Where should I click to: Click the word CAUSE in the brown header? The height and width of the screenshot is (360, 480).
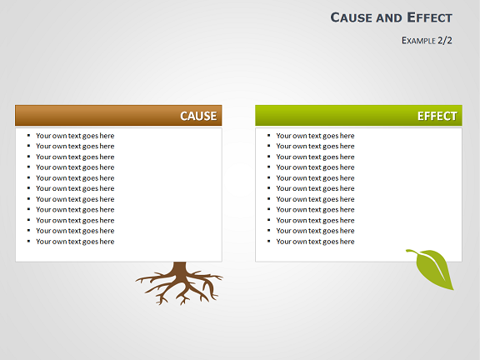pos(198,116)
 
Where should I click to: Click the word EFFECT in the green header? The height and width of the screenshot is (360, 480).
pos(437,116)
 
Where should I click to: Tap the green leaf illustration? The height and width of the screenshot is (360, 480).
pos(432,269)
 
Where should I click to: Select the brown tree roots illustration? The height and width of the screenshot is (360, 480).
pos(179,283)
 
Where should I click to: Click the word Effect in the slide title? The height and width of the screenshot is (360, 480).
pos(429,17)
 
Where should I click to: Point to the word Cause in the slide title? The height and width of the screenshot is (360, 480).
pos(352,17)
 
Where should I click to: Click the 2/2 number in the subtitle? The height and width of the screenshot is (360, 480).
pos(445,40)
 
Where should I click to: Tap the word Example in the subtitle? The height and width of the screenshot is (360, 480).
pos(418,40)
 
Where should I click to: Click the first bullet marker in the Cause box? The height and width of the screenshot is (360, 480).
pos(29,135)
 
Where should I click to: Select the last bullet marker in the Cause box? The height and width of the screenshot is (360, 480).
pos(29,241)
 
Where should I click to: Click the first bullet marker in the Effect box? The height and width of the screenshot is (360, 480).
pos(269,135)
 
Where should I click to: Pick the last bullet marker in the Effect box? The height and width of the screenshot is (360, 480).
pos(269,241)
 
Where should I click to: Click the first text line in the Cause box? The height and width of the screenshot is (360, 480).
pos(75,136)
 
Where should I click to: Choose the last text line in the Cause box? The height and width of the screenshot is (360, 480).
pos(75,242)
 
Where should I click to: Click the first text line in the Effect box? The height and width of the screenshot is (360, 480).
pos(315,136)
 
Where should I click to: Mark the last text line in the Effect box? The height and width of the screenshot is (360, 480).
pos(315,242)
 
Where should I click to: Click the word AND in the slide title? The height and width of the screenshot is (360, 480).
pos(389,18)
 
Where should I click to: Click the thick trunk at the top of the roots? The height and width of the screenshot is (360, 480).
pos(179,267)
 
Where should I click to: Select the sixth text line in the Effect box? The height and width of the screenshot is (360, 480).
pos(315,188)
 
